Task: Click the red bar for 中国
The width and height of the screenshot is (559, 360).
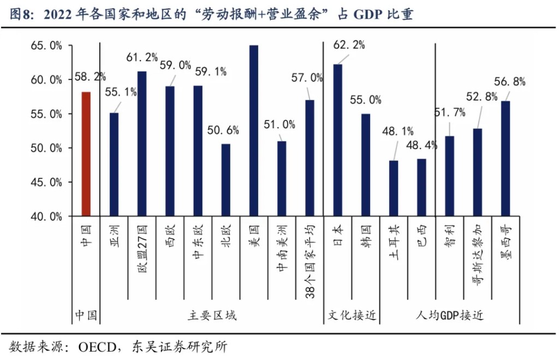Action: pyautogui.click(x=86, y=154)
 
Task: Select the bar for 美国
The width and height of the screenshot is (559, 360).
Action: pyautogui.click(x=254, y=131)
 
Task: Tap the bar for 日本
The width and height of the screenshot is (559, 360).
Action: pyautogui.click(x=338, y=140)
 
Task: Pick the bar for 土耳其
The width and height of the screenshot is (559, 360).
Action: pyautogui.click(x=394, y=188)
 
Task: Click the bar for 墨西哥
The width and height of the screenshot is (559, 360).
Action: pyautogui.click(x=505, y=158)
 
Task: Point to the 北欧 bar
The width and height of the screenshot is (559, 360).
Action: pyautogui.click(x=226, y=180)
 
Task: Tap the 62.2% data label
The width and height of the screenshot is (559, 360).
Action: pyautogui.click(x=349, y=45)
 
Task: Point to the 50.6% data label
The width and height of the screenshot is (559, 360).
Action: pyautogui.click(x=223, y=130)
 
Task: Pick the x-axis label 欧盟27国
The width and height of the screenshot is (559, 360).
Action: pyautogui.click(x=142, y=249)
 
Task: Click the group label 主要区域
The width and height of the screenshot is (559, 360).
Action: pyautogui.click(x=212, y=316)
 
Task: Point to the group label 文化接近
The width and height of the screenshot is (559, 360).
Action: pyautogui.click(x=352, y=316)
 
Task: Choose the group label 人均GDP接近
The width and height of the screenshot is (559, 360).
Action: pyautogui.click(x=449, y=316)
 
